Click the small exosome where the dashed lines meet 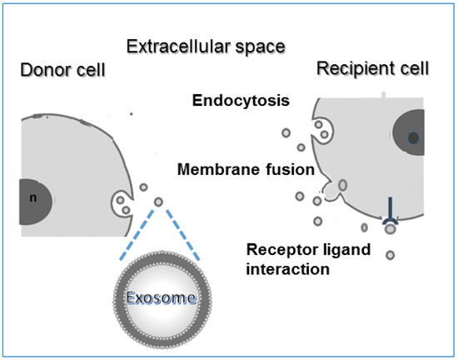(x=158, y=201)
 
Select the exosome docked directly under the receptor (x=389, y=228)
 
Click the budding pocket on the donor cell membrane (x=122, y=203)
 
